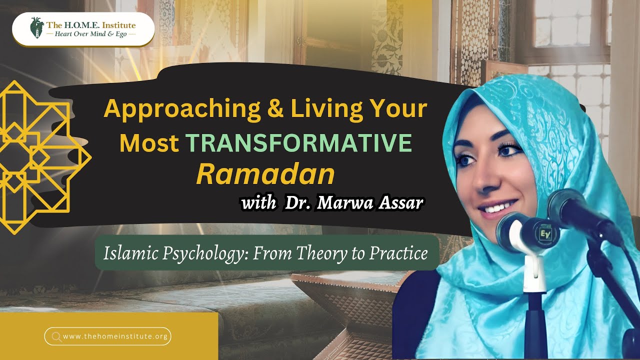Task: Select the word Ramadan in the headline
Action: [x=265, y=174]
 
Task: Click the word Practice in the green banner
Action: [x=398, y=253]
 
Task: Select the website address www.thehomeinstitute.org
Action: [x=115, y=336]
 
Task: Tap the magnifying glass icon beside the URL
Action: [x=56, y=336]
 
